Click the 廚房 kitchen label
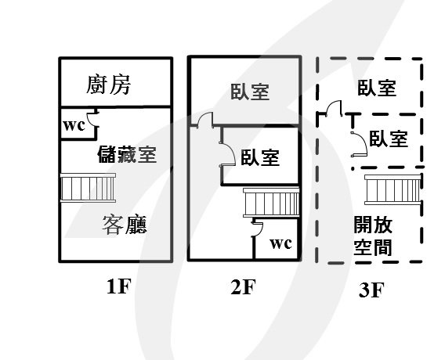coord(108,85)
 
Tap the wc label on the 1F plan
coord(74,125)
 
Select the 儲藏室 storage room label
coord(127,154)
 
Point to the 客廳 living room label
coord(125,225)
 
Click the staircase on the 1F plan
coord(89,188)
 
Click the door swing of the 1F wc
coord(92,120)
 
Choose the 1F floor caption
coord(118,286)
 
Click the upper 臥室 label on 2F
coord(250,92)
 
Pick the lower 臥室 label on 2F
coord(260,157)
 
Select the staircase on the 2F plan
coord(271,203)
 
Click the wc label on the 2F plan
coord(280,243)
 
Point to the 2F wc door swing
coord(259,227)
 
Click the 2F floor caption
coord(243,286)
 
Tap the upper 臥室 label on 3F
coord(376,88)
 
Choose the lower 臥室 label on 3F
coord(389,139)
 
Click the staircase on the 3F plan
coord(393,189)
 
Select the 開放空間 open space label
coord(373,236)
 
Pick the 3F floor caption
coord(371,290)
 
